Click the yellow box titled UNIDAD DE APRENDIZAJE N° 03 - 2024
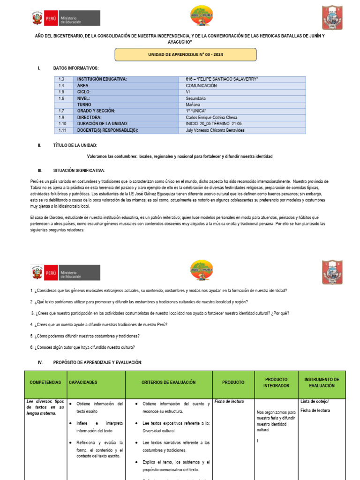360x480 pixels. pyautogui.click(x=186, y=54)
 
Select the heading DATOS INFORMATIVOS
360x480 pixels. pyautogui.click(x=76, y=68)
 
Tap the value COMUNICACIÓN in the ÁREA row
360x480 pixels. pyautogui.click(x=201, y=86)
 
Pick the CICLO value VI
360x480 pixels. pyautogui.click(x=188, y=92)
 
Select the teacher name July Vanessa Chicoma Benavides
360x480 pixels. pyautogui.click(x=215, y=130)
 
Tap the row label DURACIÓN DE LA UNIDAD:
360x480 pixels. pyautogui.click(x=103, y=124)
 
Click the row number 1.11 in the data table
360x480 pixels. pyautogui.click(x=63, y=130)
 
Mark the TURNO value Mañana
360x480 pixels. pyautogui.click(x=193, y=105)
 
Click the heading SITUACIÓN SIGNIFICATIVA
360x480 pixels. pyautogui.click(x=79, y=170)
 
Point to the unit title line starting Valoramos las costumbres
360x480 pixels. pyautogui.click(x=180, y=156)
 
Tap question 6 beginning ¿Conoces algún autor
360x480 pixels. pyautogui.click(x=82, y=347)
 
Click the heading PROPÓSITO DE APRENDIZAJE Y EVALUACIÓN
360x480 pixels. pyautogui.click(x=97, y=363)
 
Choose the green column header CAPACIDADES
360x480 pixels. pyautogui.click(x=83, y=382)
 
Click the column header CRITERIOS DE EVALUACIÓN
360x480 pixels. pyautogui.click(x=168, y=382)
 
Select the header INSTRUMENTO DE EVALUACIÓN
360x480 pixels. pyautogui.click(x=322, y=382)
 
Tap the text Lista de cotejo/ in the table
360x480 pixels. pyautogui.click(x=314, y=401)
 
